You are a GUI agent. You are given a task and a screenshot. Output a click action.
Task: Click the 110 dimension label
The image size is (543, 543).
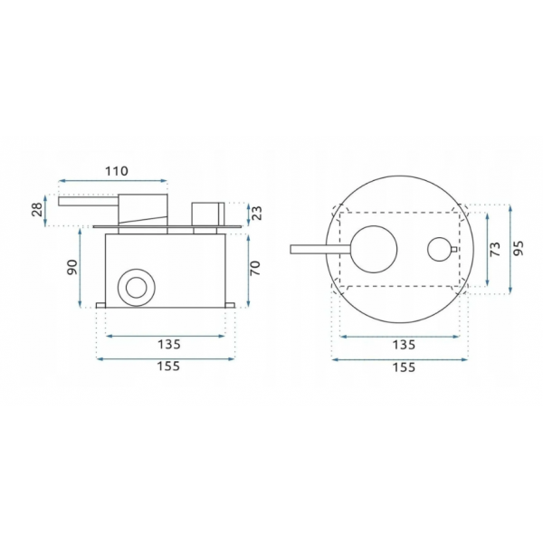[x=117, y=171]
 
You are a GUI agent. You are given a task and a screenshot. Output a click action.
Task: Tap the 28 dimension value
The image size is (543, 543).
[x=37, y=210]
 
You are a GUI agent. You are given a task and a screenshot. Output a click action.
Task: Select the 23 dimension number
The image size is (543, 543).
[x=257, y=213]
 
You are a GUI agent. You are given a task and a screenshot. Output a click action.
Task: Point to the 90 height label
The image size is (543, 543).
[x=72, y=267]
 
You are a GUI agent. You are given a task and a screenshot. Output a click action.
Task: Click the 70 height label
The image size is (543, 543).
[x=255, y=268]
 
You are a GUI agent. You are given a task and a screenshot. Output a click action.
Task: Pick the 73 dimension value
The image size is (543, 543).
[x=496, y=249]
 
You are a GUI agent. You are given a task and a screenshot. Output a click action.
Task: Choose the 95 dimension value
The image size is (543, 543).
[x=519, y=248]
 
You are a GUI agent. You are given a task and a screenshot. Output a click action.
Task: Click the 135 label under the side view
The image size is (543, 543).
[x=169, y=345]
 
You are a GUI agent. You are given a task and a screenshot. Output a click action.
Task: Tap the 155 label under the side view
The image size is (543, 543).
[x=168, y=366]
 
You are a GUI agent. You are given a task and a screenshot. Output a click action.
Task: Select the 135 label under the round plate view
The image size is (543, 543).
[x=404, y=345]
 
